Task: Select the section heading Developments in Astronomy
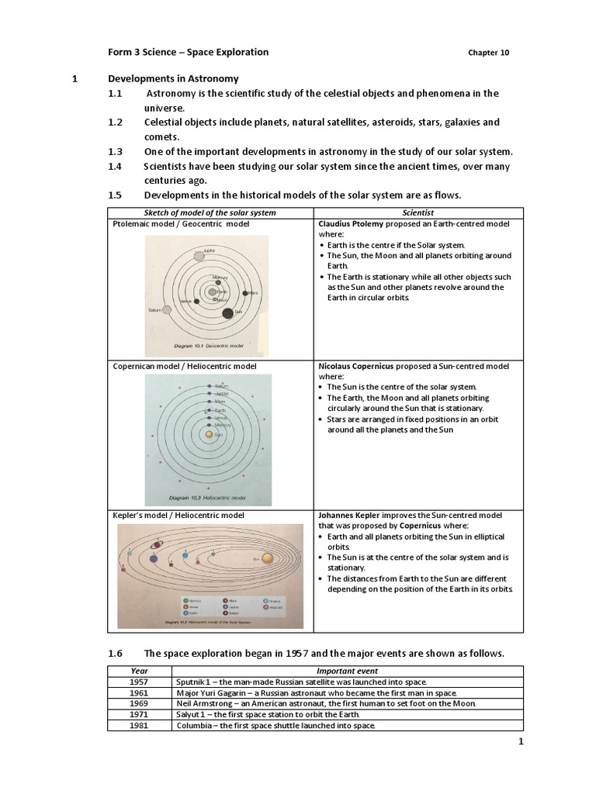click(x=173, y=79)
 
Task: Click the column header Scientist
click(x=418, y=212)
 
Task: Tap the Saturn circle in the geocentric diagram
click(x=167, y=309)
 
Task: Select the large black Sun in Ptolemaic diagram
click(x=227, y=313)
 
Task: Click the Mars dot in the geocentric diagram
click(x=246, y=293)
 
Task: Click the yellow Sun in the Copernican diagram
click(x=208, y=435)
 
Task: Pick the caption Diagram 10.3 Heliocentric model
click(x=209, y=497)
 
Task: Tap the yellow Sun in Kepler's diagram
click(x=267, y=558)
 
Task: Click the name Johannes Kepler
click(x=351, y=515)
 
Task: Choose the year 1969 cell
click(x=140, y=703)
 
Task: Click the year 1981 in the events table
click(x=140, y=725)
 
